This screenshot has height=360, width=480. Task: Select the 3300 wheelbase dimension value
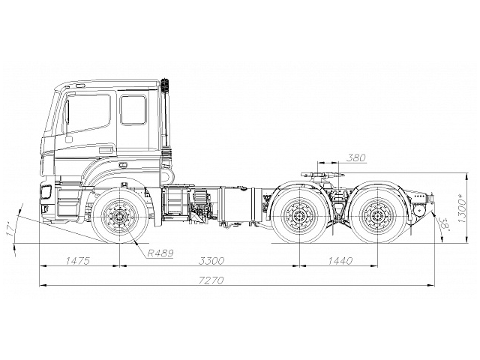click(211, 260)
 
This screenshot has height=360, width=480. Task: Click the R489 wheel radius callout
click(160, 253)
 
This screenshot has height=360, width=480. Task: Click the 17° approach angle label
click(10, 229)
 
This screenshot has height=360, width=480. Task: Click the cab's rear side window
click(133, 109)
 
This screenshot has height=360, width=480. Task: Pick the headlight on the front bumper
click(46, 193)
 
